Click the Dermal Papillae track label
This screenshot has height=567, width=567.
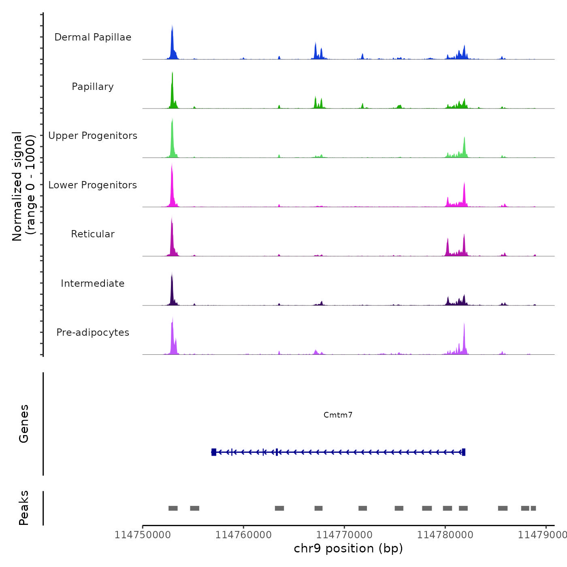point(93,37)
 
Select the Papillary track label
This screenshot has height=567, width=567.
point(93,87)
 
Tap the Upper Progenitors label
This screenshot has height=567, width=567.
point(93,136)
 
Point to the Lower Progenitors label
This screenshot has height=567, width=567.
point(93,185)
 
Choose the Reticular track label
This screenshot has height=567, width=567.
point(93,234)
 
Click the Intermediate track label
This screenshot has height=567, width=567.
point(93,283)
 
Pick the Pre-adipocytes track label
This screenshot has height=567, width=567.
point(93,333)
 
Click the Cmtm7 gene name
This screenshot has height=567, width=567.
point(338,415)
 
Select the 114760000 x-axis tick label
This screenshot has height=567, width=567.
point(243,535)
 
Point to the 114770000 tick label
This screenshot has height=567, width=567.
point(344,535)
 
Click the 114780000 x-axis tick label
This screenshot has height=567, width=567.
point(445,535)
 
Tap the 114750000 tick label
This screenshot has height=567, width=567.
point(143,535)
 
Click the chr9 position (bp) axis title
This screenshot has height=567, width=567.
point(348,548)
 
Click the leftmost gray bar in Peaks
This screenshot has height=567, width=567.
point(173,508)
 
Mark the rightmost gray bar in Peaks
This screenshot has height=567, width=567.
point(533,508)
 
